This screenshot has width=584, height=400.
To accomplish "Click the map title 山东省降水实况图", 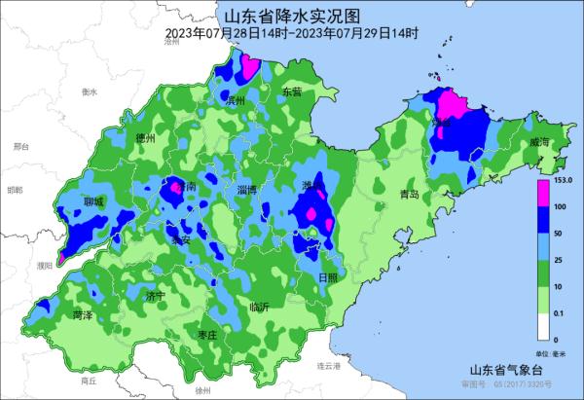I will (x=292, y=16).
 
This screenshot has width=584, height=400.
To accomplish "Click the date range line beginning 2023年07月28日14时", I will (x=292, y=34).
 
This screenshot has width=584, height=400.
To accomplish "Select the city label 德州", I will (x=146, y=138).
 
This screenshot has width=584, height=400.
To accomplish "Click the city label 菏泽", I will (x=83, y=315).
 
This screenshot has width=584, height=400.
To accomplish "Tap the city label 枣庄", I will (x=206, y=334).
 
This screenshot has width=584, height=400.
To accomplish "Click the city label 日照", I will (x=329, y=277).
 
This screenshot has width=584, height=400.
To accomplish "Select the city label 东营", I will (x=292, y=91).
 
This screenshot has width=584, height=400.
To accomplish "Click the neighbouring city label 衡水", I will (x=91, y=91).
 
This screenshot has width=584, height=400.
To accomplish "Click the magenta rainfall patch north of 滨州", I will (x=249, y=66).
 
